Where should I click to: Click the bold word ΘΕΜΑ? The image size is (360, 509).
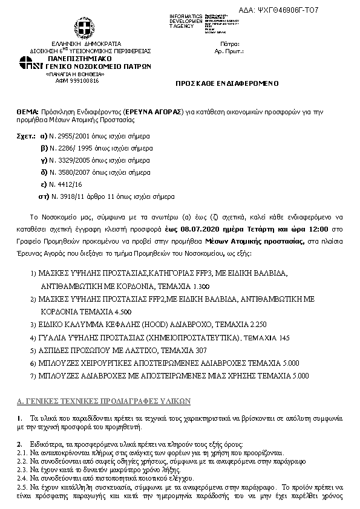point(27,113)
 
